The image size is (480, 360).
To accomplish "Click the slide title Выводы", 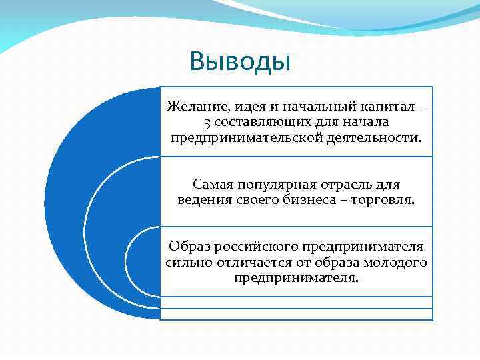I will tap(240, 61).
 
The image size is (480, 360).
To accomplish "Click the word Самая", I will tap(211, 183).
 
